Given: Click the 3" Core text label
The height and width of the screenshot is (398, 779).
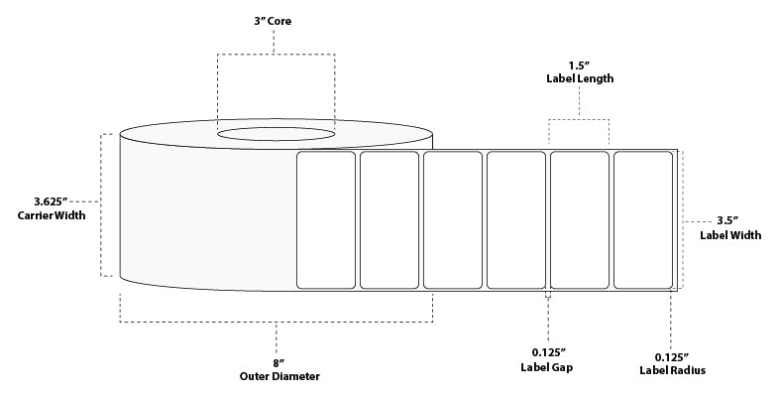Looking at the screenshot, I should (277, 21).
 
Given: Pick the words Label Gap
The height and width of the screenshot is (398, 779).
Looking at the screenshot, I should (548, 366).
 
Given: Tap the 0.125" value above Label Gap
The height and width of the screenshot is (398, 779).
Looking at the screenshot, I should (548, 351).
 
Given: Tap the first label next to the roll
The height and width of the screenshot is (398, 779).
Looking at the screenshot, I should (326, 219).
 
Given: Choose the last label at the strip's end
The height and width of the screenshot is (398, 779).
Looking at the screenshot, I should (643, 219).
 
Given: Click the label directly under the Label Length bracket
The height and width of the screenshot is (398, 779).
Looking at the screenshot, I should (580, 219).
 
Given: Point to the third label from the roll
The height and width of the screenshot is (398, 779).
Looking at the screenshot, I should (453, 219).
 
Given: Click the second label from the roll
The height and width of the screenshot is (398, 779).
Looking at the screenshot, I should (389, 219).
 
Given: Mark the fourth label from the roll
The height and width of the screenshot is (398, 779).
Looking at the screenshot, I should (516, 219).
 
